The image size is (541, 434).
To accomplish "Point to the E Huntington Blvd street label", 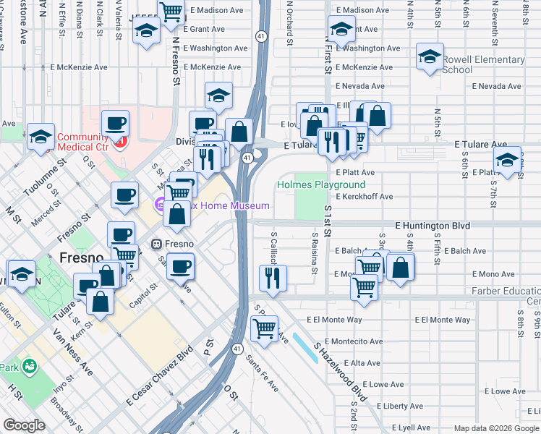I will pos(433,226).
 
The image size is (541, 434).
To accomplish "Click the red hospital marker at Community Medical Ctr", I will pos(121,140).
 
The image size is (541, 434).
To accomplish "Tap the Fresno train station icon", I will pos(155,244).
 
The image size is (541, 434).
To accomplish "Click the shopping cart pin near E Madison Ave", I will pos(171,12).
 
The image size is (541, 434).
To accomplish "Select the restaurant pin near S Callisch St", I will pos(273,277).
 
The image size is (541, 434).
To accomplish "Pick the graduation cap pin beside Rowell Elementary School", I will pos(430,56).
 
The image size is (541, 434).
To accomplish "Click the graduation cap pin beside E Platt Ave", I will pos(508,159).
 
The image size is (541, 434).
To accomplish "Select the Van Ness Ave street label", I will pos(72,362).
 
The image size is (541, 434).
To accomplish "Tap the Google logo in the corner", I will pos(25,425).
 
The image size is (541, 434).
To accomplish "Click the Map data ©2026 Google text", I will pos(495,428).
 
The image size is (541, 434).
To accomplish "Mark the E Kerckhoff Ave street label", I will pos(364,196).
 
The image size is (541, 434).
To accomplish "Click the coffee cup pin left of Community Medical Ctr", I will pos(115,123).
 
